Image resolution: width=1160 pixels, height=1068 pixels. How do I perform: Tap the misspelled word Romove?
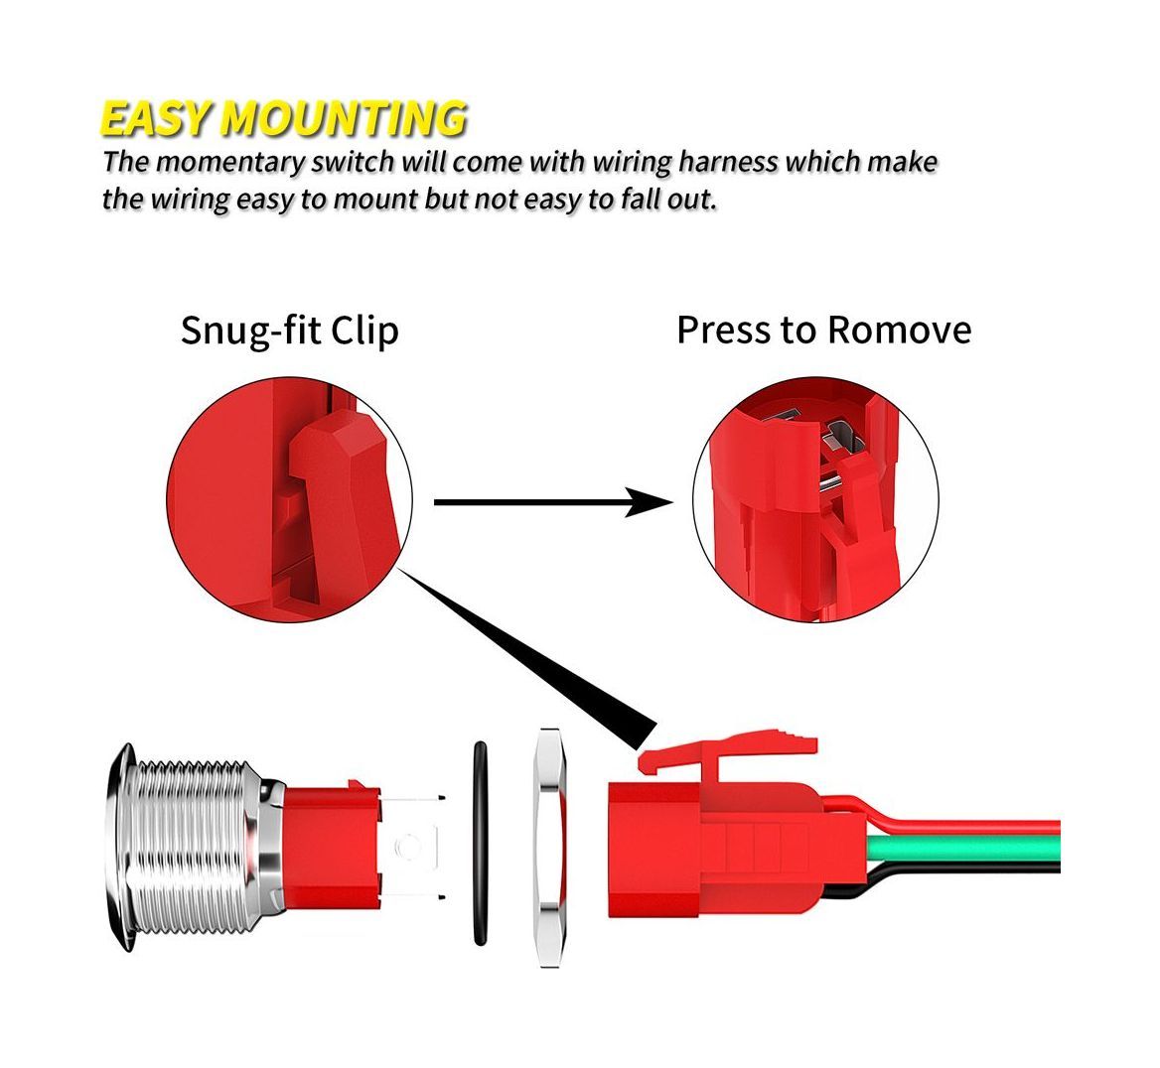pos(899,330)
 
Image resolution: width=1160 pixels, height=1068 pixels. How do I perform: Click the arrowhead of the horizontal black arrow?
pos(649,503)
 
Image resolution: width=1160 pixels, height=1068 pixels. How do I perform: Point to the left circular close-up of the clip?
pos(289,500)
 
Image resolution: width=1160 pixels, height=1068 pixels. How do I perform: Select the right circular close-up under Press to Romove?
pos(816,500)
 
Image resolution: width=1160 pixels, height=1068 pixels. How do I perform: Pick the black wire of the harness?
pos(961,872)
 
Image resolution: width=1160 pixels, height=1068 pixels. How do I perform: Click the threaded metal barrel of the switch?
pos(194,846)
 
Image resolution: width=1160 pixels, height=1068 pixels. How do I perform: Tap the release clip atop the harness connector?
pos(729,752)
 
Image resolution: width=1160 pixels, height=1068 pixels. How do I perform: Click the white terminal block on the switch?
pos(411,846)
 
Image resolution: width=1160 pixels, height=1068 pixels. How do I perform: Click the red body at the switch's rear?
pos(331,845)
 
